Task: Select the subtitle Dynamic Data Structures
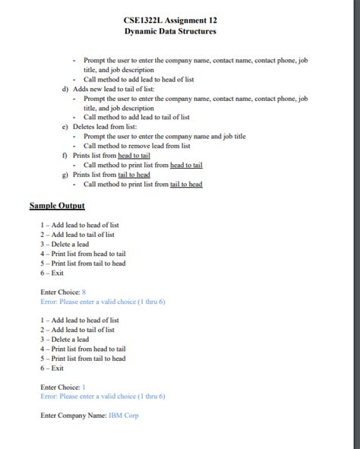point(170,31)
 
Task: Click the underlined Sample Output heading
point(57,205)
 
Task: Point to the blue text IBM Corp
point(124,416)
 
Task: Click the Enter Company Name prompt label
point(73,416)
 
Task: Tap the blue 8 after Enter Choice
point(84,292)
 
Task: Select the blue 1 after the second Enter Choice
point(84,387)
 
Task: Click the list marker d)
point(65,89)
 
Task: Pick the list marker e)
point(65,127)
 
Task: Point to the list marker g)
point(65,174)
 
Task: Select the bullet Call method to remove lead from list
point(137,146)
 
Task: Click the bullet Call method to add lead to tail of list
point(137,117)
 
